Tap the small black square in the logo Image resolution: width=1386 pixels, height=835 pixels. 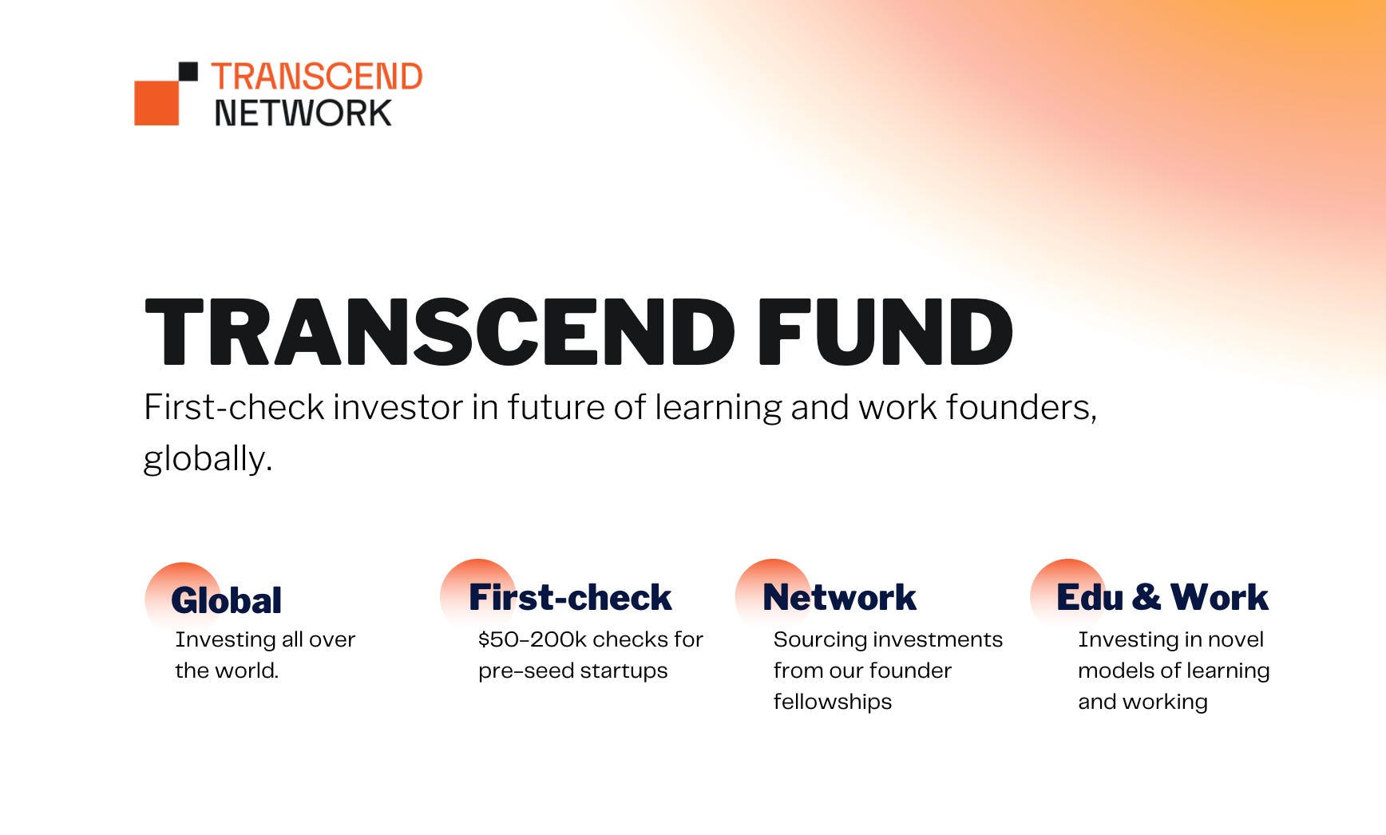[188, 72]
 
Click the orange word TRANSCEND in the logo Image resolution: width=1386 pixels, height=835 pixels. [317, 77]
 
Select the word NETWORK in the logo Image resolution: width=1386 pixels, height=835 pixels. [303, 113]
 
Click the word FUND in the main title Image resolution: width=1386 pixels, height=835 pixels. [885, 332]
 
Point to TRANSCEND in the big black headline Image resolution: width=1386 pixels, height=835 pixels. [440, 332]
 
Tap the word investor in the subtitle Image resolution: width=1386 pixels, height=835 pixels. [398, 407]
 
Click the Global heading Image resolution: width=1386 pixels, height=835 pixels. [227, 600]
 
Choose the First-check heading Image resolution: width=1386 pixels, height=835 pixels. [570, 597]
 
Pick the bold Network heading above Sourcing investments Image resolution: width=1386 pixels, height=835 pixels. [840, 597]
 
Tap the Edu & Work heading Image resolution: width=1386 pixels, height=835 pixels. [1162, 597]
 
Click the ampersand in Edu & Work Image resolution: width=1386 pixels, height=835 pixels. [1146, 597]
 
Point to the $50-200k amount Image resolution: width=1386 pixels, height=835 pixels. [532, 639]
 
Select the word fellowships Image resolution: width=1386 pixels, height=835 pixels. [833, 702]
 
